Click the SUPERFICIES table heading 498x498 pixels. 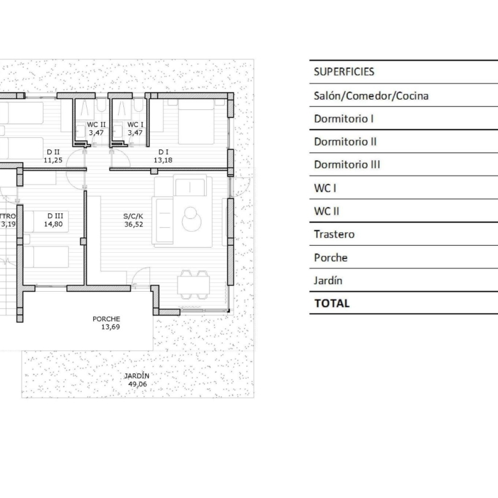(344, 72)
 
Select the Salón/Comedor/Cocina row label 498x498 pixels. (371, 96)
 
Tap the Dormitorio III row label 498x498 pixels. (347, 165)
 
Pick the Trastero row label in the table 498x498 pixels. (334, 234)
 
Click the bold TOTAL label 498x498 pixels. (332, 303)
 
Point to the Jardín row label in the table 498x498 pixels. (328, 280)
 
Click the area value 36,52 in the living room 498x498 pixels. (133, 224)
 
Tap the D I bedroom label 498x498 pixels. (163, 152)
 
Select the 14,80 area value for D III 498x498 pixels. (54, 224)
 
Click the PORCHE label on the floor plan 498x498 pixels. (107, 319)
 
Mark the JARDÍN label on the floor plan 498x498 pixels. (137, 375)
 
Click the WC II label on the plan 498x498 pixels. (96, 124)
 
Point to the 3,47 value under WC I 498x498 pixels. (135, 133)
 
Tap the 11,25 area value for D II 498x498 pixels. (53, 160)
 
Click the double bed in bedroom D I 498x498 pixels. (196, 122)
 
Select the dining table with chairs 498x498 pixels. (193, 285)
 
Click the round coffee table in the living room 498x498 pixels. (192, 218)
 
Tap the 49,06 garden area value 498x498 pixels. (137, 384)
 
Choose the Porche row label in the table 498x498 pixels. (331, 257)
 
